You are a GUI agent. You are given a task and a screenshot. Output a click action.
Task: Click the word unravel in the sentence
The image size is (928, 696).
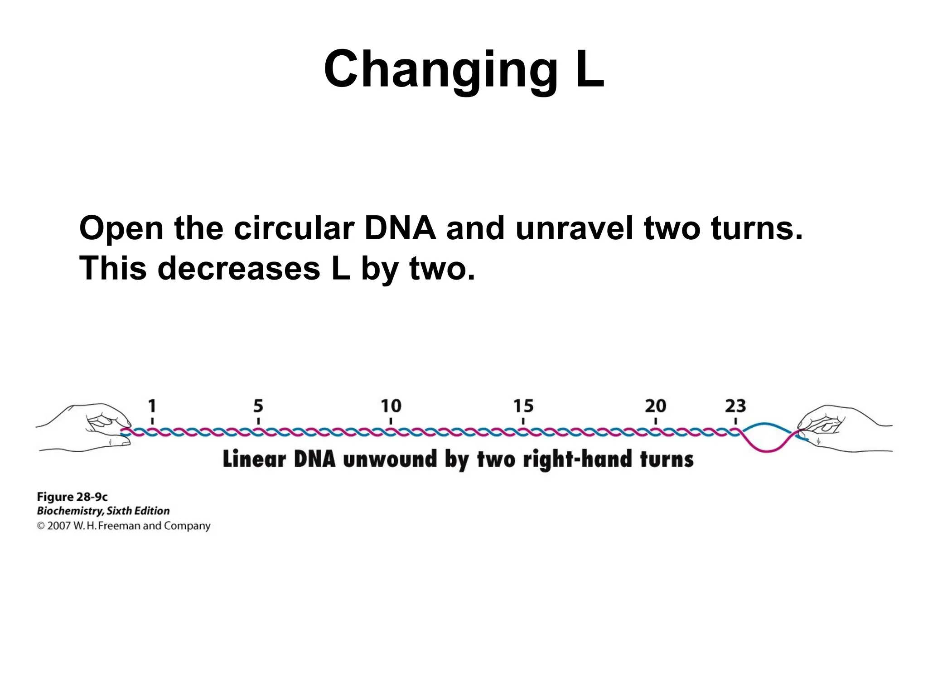click(x=574, y=228)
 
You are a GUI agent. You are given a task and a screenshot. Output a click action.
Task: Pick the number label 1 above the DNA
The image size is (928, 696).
click(x=152, y=406)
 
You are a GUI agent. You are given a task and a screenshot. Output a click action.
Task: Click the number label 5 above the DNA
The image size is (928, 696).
click(x=258, y=406)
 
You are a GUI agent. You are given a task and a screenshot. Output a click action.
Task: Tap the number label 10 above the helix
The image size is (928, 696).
click(x=391, y=406)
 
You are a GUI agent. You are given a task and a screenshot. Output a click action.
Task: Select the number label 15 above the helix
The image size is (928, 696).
click(x=523, y=406)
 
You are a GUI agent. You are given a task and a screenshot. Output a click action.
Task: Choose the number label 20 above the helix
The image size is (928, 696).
click(x=656, y=406)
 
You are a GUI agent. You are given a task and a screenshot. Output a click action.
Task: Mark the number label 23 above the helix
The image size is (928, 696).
click(x=735, y=406)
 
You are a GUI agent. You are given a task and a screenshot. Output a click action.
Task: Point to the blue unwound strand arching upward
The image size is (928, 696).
click(x=766, y=424)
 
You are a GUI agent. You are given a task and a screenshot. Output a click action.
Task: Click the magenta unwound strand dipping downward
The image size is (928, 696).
click(x=766, y=450)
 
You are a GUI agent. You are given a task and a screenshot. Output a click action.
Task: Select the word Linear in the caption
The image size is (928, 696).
click(x=254, y=459)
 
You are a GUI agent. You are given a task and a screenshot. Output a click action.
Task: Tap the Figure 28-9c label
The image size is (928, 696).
click(x=72, y=497)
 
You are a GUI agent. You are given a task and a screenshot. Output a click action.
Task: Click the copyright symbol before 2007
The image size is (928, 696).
click(x=41, y=526)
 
